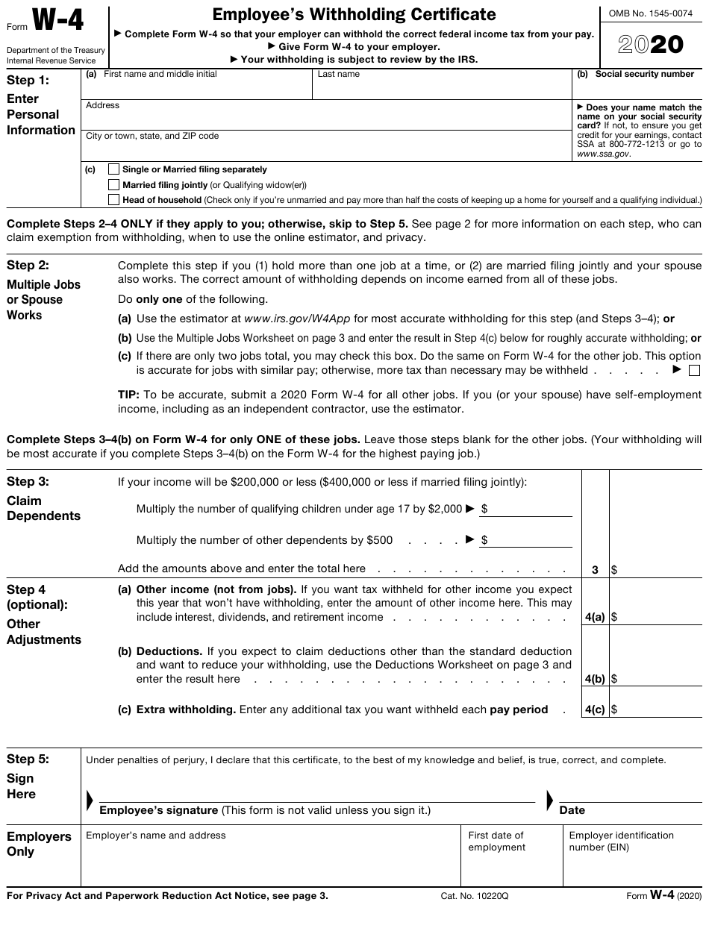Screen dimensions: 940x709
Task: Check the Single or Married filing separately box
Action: pyautogui.click(x=113, y=169)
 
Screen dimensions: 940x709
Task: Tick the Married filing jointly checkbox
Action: pyautogui.click(x=113, y=184)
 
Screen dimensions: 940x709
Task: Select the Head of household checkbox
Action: pyautogui.click(x=113, y=199)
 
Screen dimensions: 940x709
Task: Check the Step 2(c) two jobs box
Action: pyautogui.click(x=694, y=371)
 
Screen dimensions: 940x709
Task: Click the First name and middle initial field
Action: pyautogui.click(x=197, y=89)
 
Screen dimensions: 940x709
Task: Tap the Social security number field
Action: pyautogui.click(x=637, y=90)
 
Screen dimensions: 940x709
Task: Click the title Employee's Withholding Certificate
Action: pyautogui.click(x=354, y=14)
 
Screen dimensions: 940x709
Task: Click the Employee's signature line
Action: pyautogui.click(x=316, y=795)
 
